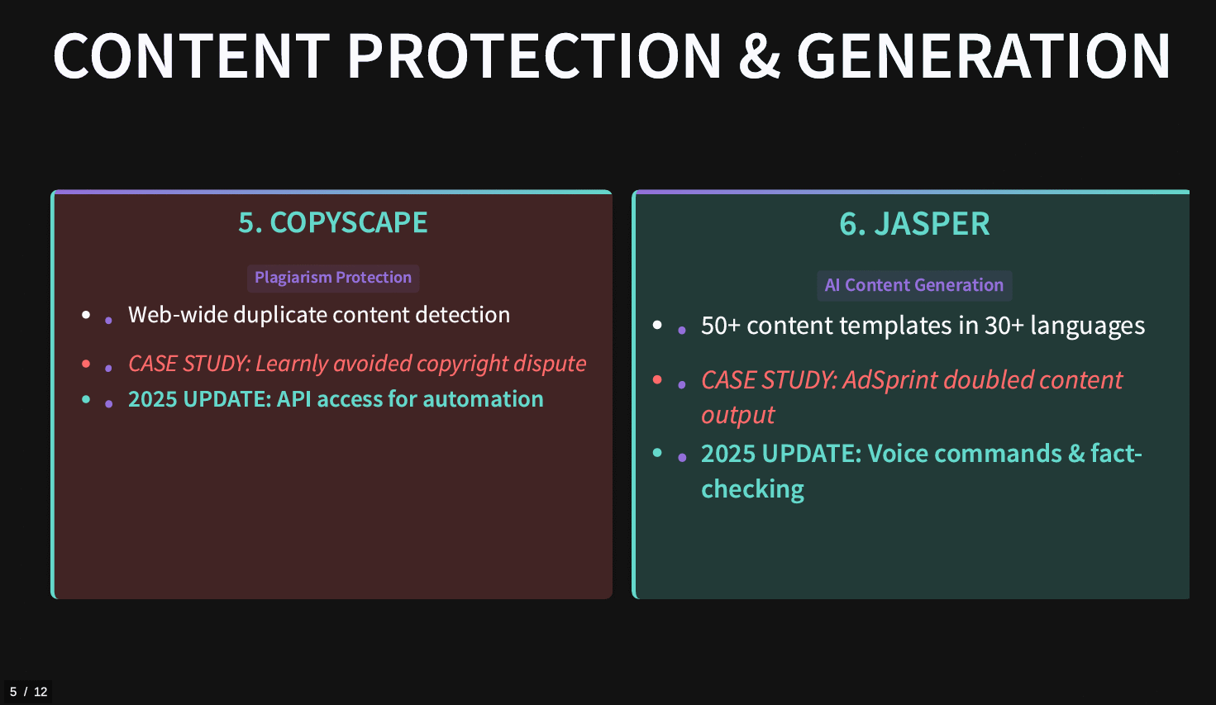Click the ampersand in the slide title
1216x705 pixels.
point(760,56)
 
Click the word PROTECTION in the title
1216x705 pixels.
point(535,56)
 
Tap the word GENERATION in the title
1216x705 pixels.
point(983,56)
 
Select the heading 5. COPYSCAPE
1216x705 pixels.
point(333,222)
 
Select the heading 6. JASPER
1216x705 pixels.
point(915,224)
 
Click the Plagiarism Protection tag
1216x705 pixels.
point(333,278)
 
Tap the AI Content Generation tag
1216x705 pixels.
point(914,285)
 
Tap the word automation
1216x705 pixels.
point(483,399)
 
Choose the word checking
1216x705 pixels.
point(752,489)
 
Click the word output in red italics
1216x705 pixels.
point(737,415)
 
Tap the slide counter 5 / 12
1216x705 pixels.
point(28,692)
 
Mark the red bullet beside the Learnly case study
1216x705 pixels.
point(86,364)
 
